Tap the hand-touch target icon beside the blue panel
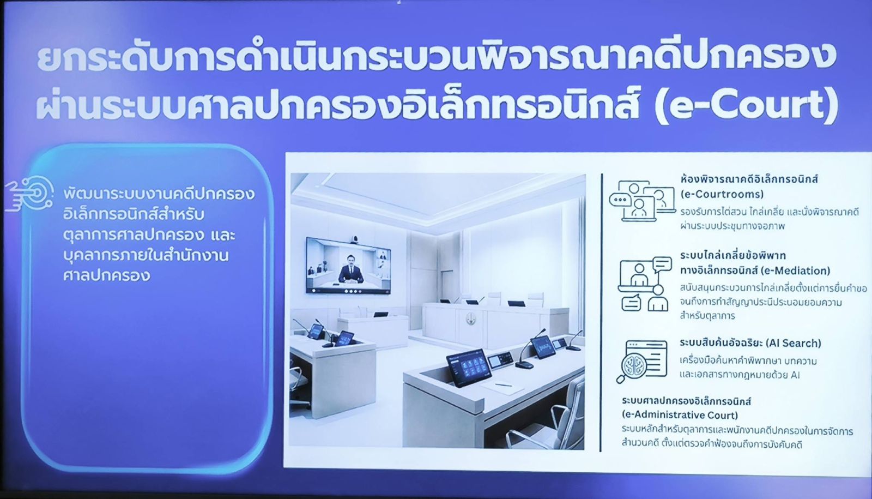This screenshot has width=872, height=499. (29, 194)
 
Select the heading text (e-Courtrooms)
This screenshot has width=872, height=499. (722, 194)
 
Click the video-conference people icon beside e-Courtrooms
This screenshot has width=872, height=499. (643, 201)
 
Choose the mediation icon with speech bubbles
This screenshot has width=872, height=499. (645, 284)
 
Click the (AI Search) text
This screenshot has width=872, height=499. (794, 343)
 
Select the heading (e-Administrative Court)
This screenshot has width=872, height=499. (680, 415)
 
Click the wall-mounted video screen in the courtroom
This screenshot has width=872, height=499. (348, 265)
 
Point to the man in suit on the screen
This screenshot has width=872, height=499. (351, 269)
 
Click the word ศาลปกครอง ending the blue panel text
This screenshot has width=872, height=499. (106, 275)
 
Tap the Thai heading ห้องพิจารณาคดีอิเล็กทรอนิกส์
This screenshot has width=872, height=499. (744, 179)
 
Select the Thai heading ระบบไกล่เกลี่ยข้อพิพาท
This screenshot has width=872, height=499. (733, 256)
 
